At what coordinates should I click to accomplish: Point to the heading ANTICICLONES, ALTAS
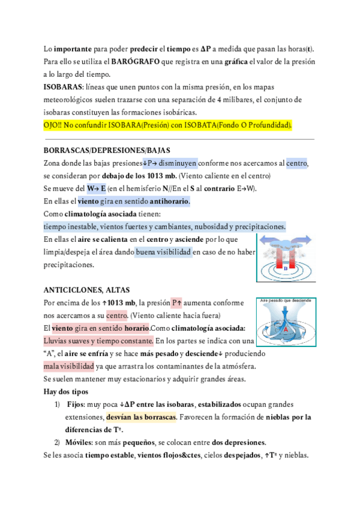tap(87, 289)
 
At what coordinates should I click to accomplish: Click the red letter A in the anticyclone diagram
tap(286, 330)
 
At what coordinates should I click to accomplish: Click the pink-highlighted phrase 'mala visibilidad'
tap(69, 366)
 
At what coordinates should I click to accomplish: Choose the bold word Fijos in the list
tap(75, 405)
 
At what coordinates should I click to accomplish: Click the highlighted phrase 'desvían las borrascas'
tap(141, 417)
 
